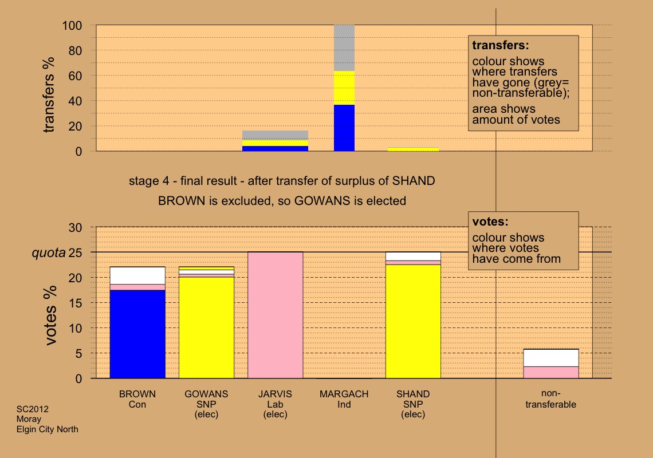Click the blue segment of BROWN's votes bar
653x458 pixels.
pos(137,334)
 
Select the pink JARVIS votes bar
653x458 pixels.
pos(275,315)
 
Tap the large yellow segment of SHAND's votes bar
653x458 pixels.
pos(413,321)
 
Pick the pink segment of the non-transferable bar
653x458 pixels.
pos(551,372)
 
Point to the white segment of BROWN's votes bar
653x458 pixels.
pos(137,275)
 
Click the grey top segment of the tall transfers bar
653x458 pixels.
pos(344,48)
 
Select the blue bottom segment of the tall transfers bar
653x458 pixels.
pos(344,128)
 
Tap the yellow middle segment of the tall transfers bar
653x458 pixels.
pos(344,88)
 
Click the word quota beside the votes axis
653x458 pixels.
pos(48,252)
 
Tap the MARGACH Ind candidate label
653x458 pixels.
pos(344,399)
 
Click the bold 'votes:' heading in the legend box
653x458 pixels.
pos(490,221)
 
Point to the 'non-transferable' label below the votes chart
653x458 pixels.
pos(550,399)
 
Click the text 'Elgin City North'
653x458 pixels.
pos(48,429)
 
